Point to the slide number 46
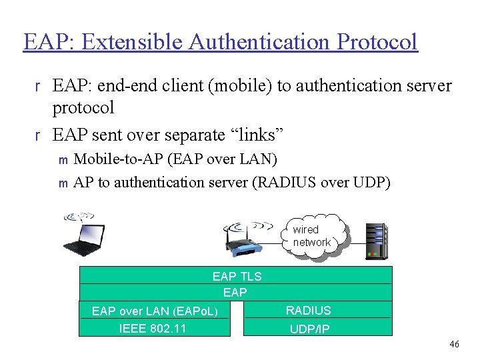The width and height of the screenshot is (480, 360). (454, 344)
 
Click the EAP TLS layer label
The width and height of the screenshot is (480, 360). (237, 276)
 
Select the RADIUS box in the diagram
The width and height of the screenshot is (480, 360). (308, 310)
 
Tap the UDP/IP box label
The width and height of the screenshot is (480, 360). (309, 329)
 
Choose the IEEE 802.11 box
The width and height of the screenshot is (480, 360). (153, 328)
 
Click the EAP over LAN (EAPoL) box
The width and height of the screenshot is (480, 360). (155, 311)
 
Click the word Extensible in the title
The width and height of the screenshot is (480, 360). (130, 41)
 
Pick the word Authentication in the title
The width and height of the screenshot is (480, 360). (261, 41)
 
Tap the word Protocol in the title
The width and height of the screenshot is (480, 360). (377, 41)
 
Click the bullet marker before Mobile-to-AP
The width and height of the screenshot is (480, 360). (63, 159)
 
